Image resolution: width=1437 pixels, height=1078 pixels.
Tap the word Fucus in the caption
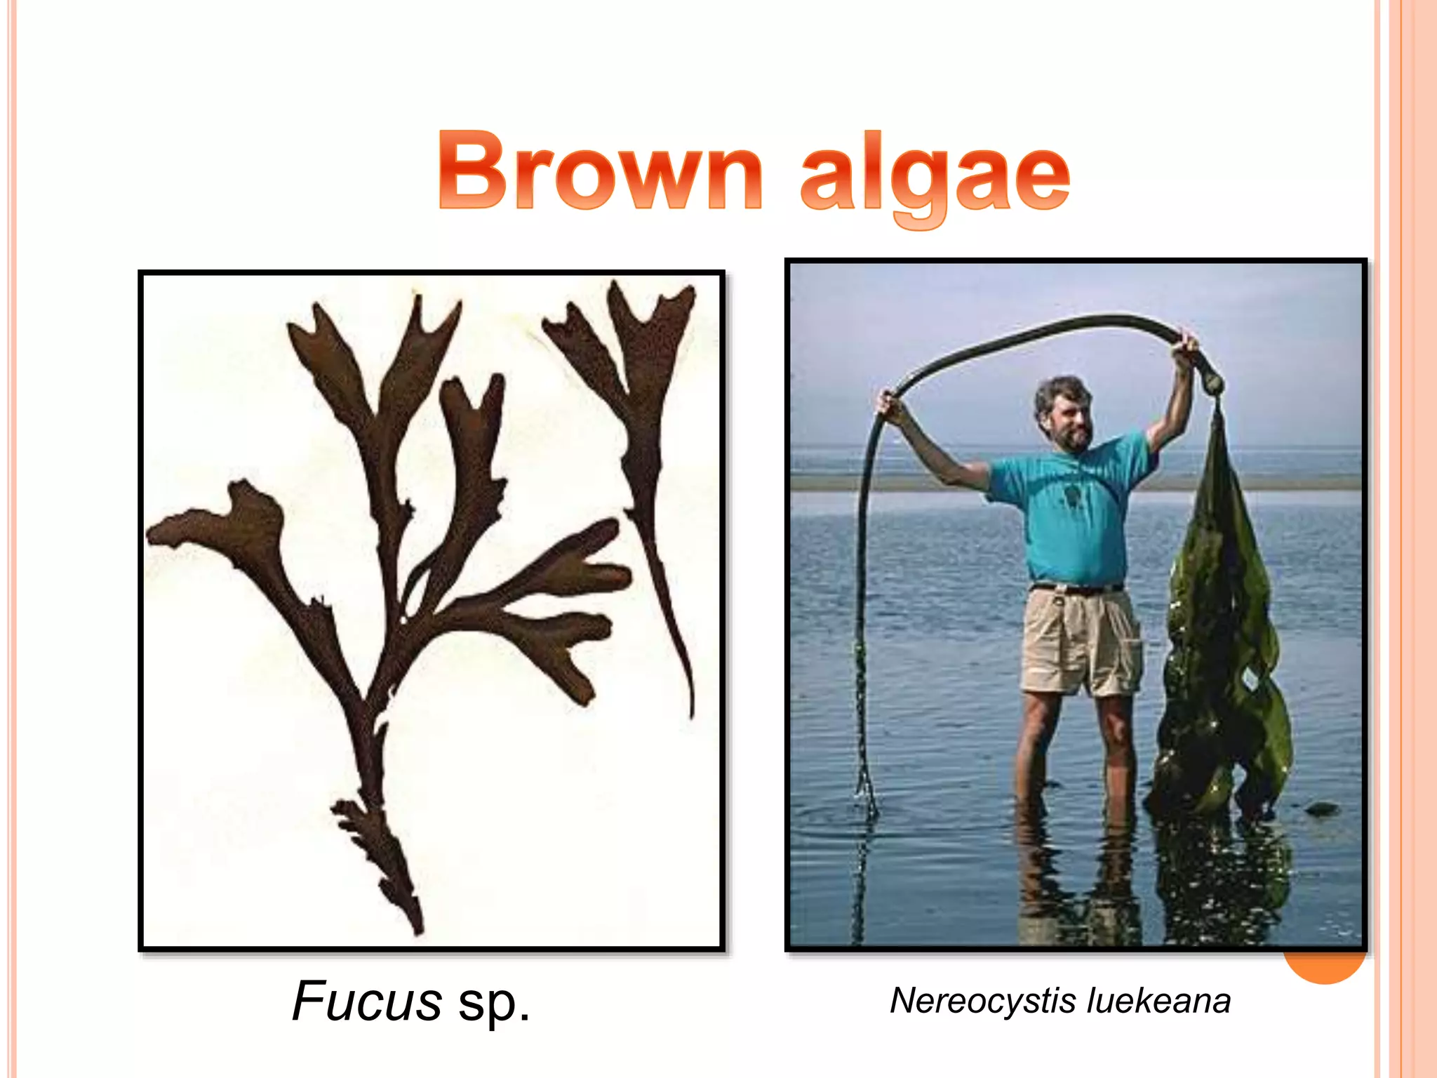367,1001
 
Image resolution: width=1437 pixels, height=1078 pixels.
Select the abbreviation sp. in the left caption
494,1002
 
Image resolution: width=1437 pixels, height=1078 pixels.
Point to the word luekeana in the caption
1158,1001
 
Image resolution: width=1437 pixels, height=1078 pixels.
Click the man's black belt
1077,588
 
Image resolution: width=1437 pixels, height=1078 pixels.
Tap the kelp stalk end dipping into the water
866,793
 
